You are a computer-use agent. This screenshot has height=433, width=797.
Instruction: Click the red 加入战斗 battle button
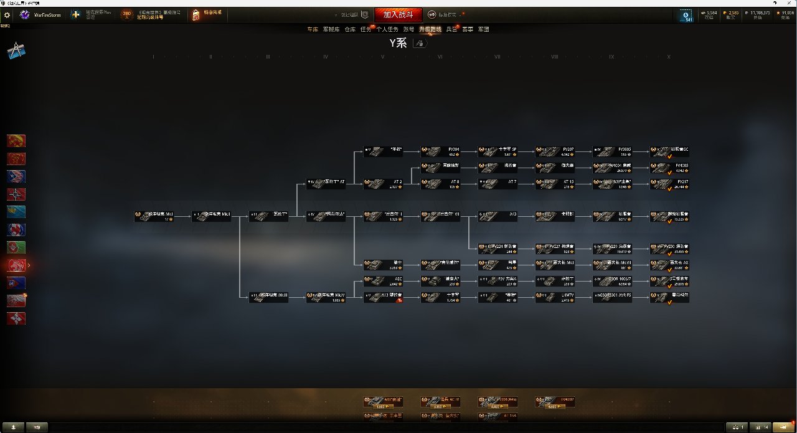[398, 14]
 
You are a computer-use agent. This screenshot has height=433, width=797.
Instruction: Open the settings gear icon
[7, 14]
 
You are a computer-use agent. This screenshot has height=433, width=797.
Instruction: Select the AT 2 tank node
[383, 183]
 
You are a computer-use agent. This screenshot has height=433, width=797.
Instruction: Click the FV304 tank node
[440, 151]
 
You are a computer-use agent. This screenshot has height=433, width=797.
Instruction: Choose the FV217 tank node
[669, 183]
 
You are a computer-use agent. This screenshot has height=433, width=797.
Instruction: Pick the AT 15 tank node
[555, 183]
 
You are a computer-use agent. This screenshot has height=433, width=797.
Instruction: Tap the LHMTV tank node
[555, 297]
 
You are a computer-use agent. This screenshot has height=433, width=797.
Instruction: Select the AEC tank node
[383, 281]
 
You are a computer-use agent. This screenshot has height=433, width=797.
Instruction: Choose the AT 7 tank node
[498, 183]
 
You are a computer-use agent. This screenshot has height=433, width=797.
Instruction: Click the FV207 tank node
[555, 151]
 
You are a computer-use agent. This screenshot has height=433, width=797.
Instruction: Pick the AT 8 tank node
[440, 183]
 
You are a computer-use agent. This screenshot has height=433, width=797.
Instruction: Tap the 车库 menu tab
[313, 29]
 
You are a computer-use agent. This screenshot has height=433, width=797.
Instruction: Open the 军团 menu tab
[483, 29]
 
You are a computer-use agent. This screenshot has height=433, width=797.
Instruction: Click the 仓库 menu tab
[350, 29]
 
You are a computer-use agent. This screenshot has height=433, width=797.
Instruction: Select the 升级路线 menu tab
[430, 29]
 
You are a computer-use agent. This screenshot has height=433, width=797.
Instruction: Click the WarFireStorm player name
[47, 14]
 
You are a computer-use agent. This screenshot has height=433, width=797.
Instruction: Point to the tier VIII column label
[554, 57]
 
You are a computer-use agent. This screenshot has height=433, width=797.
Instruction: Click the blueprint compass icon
[16, 52]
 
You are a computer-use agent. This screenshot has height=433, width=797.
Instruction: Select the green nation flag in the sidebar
[16, 247]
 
